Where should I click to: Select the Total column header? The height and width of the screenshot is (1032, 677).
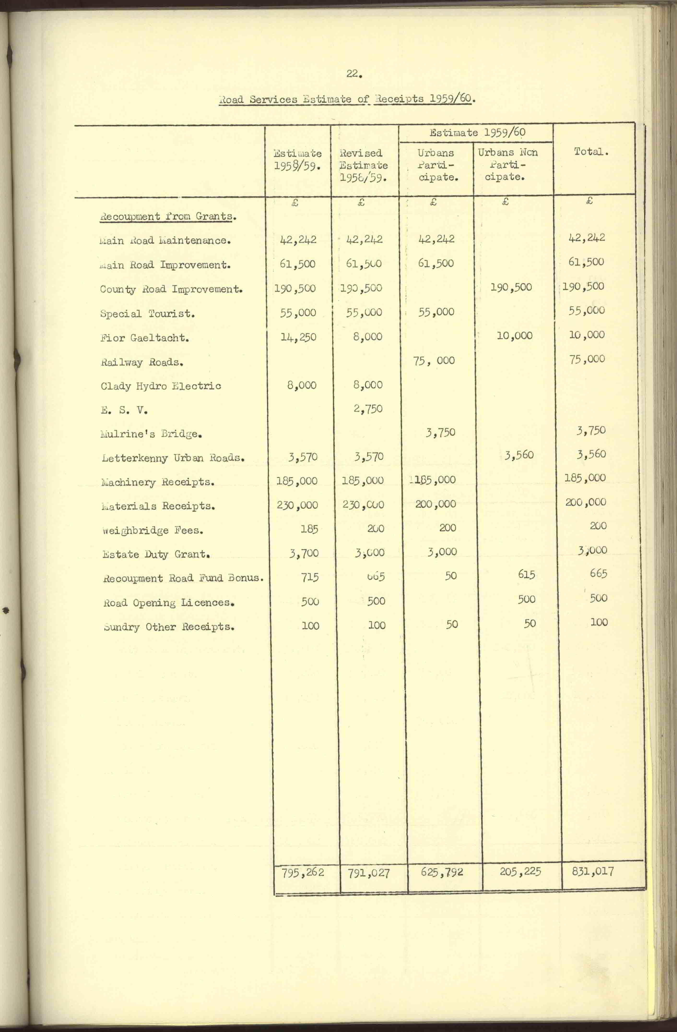[x=591, y=152]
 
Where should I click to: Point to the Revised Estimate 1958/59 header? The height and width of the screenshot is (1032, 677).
[x=363, y=165]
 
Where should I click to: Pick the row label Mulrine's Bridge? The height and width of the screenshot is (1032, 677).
[x=151, y=434]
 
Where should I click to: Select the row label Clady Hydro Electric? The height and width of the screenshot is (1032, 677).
[x=161, y=386]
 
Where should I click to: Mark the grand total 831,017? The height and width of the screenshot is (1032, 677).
[x=593, y=872]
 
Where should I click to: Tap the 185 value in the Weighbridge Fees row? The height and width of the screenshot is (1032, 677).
[x=310, y=529]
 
